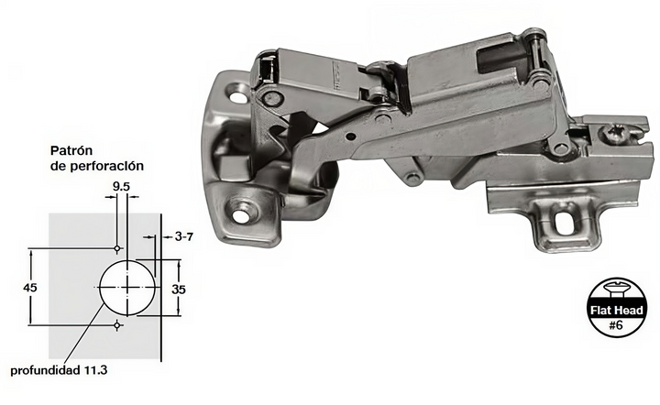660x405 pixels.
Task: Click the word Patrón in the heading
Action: point(71,150)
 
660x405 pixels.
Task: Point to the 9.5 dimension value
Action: point(121,186)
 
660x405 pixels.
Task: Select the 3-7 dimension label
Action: point(184,237)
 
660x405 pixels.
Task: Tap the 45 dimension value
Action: point(30,288)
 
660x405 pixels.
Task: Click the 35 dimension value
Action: point(179,290)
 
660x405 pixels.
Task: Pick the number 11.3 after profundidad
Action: point(96,370)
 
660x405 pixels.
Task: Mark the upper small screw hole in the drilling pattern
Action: point(118,248)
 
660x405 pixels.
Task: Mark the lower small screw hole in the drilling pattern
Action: point(118,325)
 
